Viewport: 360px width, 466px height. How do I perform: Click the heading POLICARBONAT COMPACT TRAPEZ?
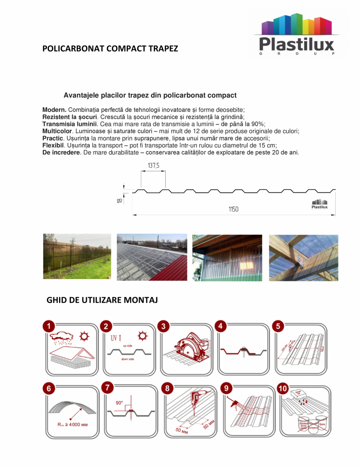pyautogui.click(x=110, y=49)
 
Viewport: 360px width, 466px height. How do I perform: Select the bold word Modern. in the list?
pyautogui.click(x=54, y=110)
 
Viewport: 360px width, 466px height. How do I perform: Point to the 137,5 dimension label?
pyautogui.click(x=154, y=166)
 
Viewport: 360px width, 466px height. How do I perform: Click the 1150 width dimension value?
pyautogui.click(x=233, y=209)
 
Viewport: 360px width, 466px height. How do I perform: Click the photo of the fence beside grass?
pyautogui.click(x=77, y=256)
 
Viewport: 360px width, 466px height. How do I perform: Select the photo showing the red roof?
pyautogui.click(x=152, y=257)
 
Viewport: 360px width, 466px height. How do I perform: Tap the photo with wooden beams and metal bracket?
pyautogui.click(x=303, y=258)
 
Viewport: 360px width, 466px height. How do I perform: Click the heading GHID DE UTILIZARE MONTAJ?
pyautogui.click(x=102, y=300)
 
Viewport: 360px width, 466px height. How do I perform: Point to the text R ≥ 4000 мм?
pyautogui.click(x=71, y=424)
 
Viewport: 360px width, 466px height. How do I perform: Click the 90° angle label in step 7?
pyautogui.click(x=119, y=403)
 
